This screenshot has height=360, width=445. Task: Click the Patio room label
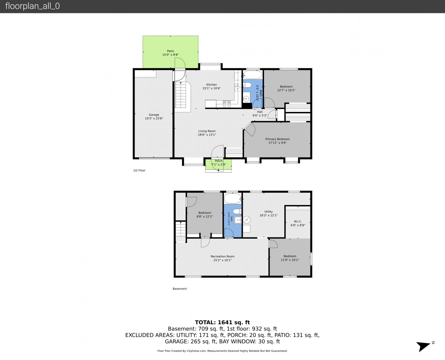pyautogui.click(x=170, y=51)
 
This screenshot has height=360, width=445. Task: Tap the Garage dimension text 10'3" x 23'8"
pyautogui.click(x=154, y=118)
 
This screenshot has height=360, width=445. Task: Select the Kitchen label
pyautogui.click(x=211, y=85)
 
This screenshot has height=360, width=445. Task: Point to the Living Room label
pyautogui.click(x=207, y=131)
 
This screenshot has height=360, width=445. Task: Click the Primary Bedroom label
pyautogui.click(x=277, y=139)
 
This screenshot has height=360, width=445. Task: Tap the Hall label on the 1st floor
pyautogui.click(x=260, y=112)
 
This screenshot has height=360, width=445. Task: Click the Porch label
pyautogui.click(x=219, y=161)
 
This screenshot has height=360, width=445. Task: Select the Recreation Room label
pyautogui.click(x=223, y=256)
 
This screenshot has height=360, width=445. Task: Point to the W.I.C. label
pyautogui.click(x=298, y=221)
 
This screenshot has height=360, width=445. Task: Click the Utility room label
pyautogui.click(x=268, y=212)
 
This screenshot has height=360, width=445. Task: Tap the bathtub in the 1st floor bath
pyautogui.click(x=253, y=75)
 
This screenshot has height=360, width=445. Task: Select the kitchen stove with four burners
pyautogui.click(x=227, y=104)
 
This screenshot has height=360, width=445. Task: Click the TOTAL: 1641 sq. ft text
pyautogui.click(x=222, y=322)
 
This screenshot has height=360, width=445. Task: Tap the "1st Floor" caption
pyautogui.click(x=139, y=170)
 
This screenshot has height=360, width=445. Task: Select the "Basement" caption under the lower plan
pyautogui.click(x=180, y=289)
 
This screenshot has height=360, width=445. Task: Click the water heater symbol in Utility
pyautogui.click(x=247, y=220)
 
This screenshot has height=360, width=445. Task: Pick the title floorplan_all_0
pyautogui.click(x=33, y=6)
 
